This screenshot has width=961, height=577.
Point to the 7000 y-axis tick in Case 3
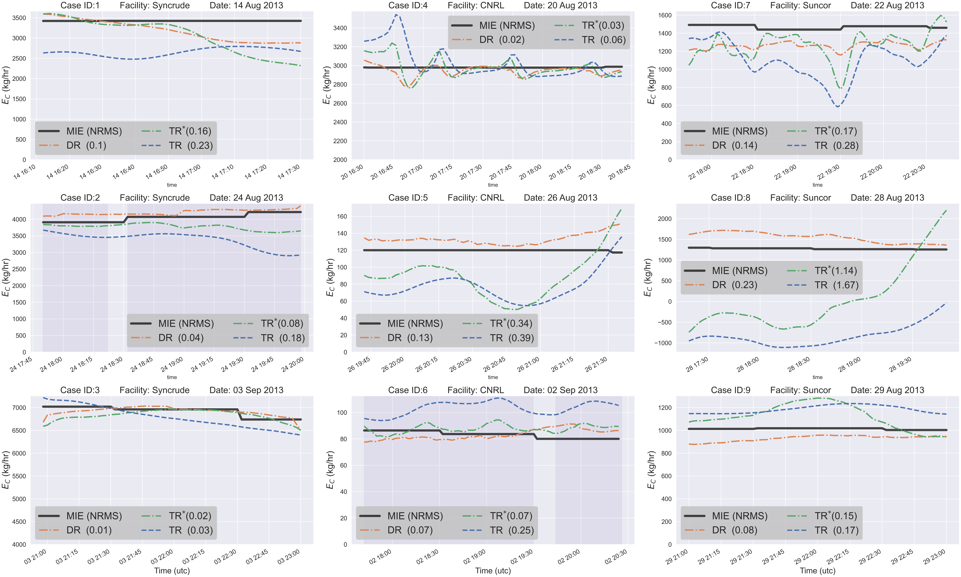point(19,408)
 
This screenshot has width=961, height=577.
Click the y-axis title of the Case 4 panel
point(327,85)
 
